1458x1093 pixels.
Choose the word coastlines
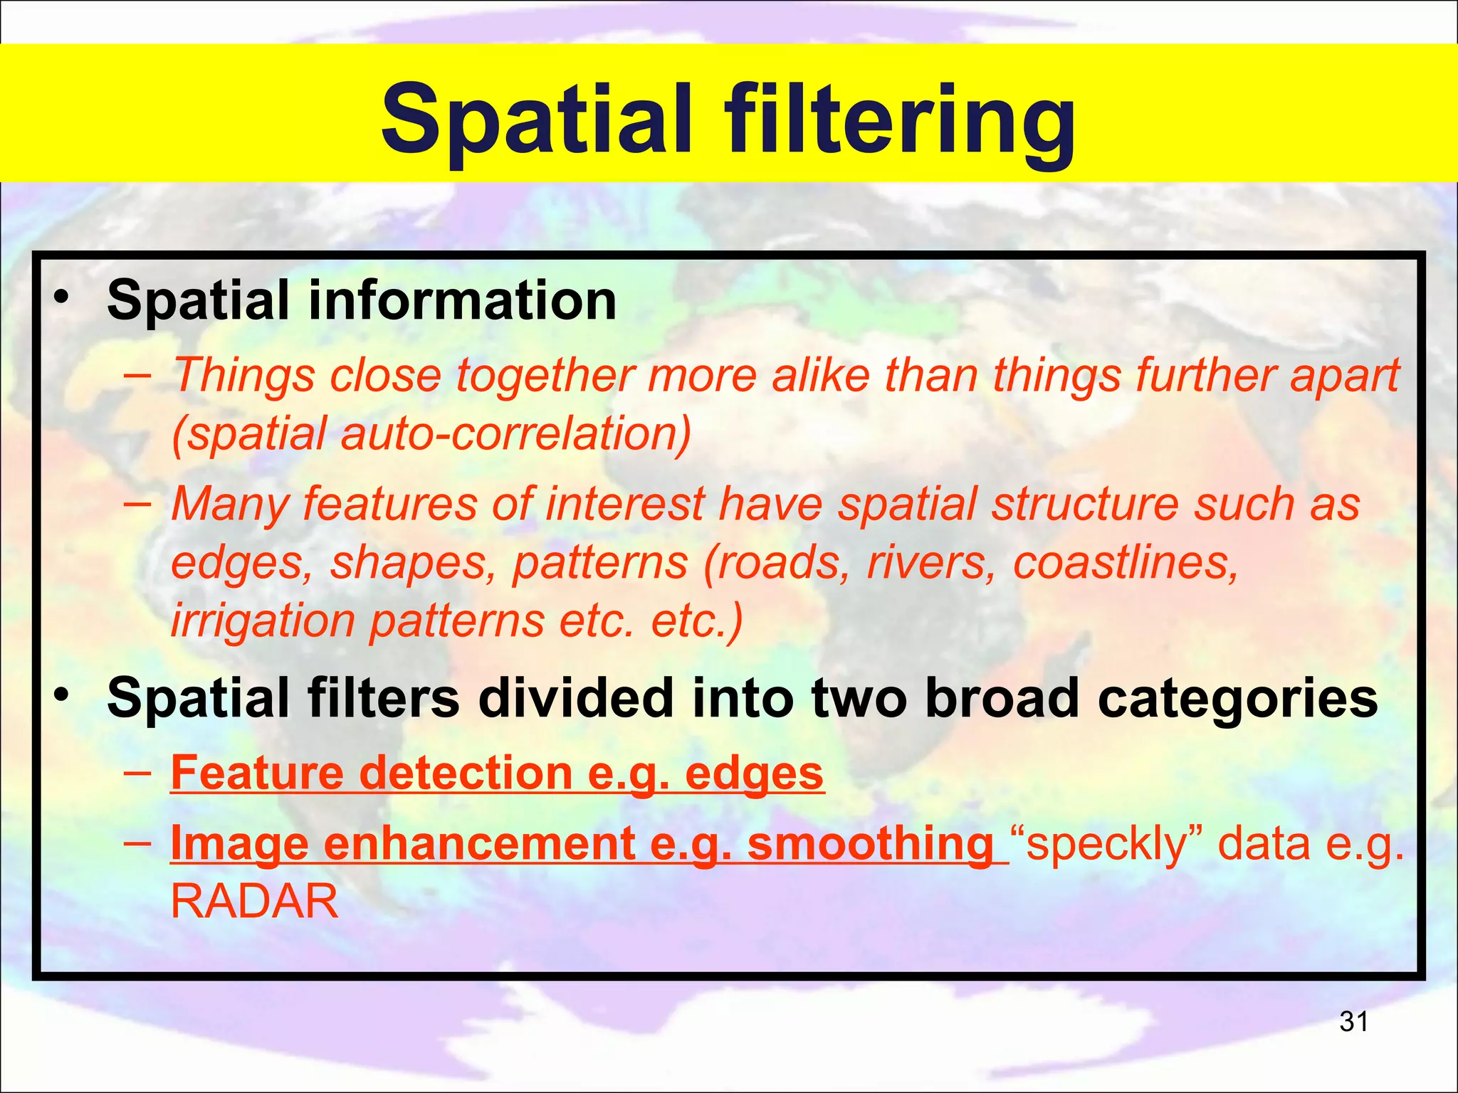[x=1126, y=562]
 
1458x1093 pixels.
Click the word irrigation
[x=262, y=621]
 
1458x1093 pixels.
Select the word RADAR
[x=254, y=902]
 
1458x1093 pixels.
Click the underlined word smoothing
[x=870, y=845]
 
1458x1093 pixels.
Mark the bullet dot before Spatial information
[x=62, y=297]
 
